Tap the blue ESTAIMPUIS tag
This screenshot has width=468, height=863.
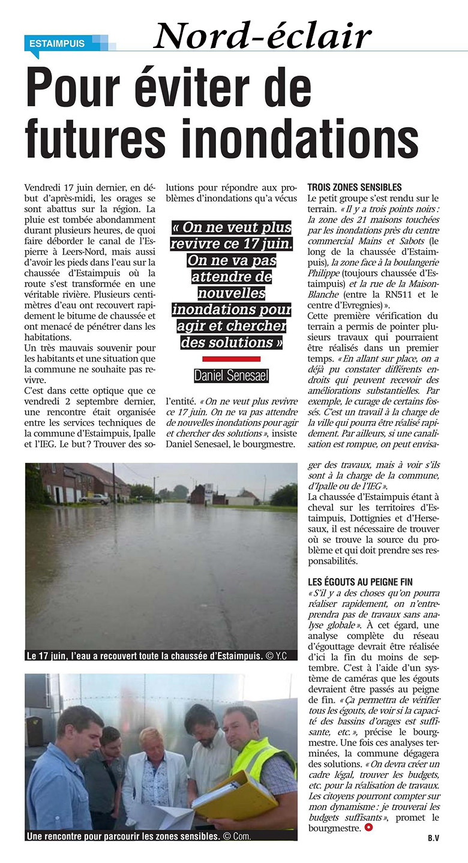(57, 43)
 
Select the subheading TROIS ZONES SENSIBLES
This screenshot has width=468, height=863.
(354, 188)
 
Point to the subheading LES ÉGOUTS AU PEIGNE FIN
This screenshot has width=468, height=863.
(360, 582)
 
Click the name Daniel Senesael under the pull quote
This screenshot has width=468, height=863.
(231, 376)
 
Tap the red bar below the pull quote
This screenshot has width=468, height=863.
(231, 359)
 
